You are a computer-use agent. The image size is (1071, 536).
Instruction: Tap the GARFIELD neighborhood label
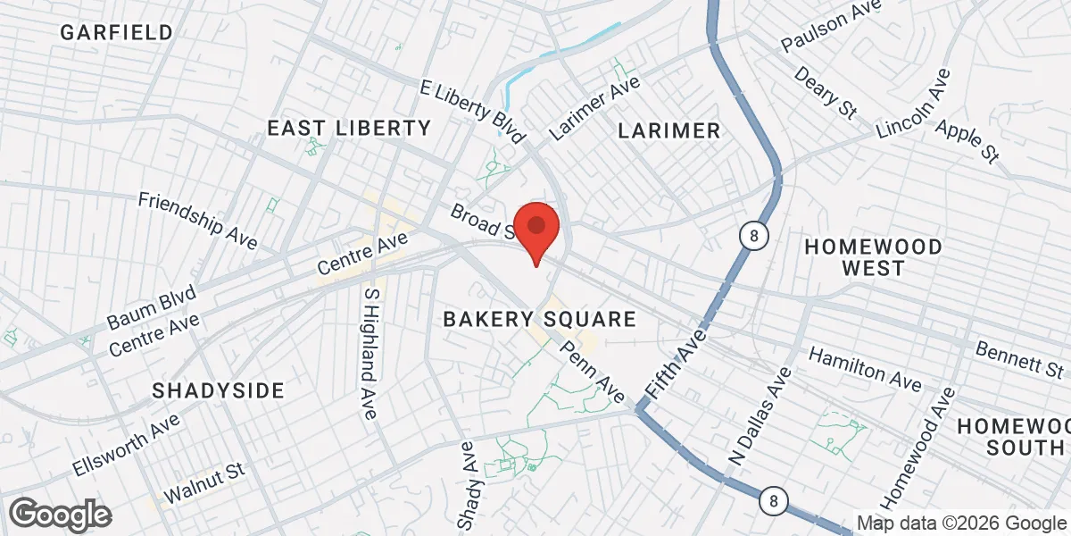(x=117, y=33)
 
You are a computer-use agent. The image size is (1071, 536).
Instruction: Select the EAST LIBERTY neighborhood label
(x=350, y=129)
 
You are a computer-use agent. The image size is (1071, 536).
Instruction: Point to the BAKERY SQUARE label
(x=540, y=319)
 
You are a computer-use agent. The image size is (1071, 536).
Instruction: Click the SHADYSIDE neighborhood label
(x=218, y=390)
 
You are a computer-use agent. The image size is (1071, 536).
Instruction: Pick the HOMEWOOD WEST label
(x=873, y=256)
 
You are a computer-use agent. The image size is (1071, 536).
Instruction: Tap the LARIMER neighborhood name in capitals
(x=668, y=131)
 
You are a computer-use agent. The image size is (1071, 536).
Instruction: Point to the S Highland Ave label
(x=367, y=354)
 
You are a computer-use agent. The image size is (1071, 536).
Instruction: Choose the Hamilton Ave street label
(x=865, y=369)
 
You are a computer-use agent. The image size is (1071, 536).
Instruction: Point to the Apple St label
(x=966, y=140)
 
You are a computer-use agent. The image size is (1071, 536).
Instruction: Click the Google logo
(x=60, y=514)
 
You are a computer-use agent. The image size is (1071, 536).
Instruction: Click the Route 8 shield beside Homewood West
(x=754, y=236)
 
